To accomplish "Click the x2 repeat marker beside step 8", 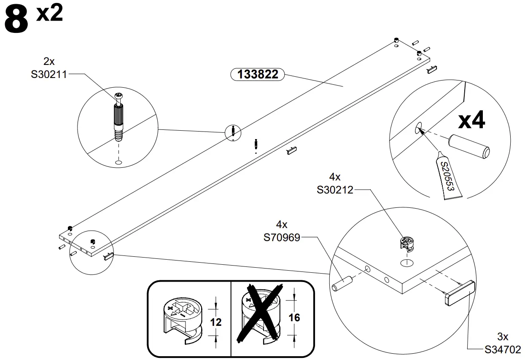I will (49, 13).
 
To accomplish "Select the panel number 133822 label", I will (258, 75).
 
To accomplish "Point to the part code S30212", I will (335, 190).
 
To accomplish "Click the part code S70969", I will (282, 238).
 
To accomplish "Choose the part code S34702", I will (503, 349).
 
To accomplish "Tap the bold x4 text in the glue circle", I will (472, 121).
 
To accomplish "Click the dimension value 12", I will (215, 322).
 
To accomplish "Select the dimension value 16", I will (294, 317).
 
